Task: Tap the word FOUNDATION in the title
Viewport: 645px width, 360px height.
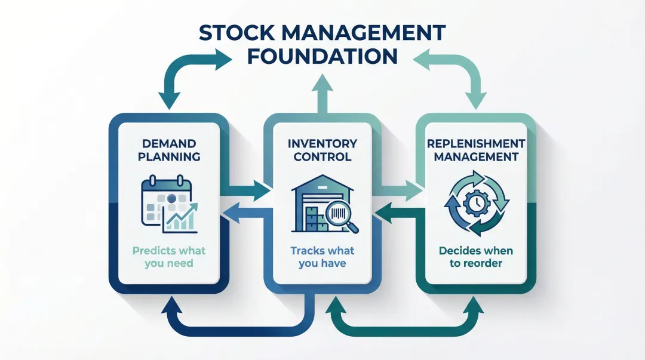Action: (322, 56)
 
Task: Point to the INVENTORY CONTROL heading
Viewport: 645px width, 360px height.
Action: (322, 150)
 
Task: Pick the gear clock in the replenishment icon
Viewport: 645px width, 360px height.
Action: (477, 204)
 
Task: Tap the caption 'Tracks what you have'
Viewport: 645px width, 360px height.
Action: (322, 257)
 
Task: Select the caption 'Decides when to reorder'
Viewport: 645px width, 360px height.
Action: (476, 257)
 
